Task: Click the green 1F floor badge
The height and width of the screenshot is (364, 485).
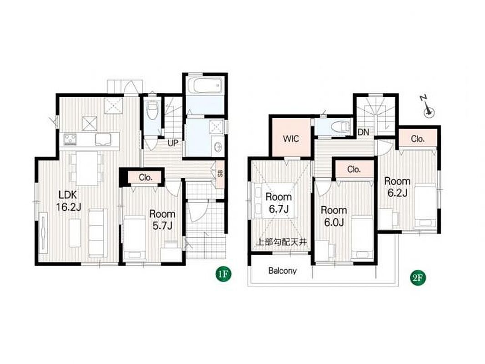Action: click(x=224, y=274)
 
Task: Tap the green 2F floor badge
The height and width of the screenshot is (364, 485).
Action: click(x=418, y=278)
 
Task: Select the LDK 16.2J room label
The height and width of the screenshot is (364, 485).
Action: click(x=68, y=201)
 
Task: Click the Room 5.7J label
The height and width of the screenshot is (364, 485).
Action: click(x=162, y=220)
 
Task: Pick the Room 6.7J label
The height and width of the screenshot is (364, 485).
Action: click(x=278, y=203)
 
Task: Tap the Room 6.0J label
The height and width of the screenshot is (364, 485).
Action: click(x=333, y=216)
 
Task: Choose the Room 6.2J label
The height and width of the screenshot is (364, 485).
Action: click(x=397, y=187)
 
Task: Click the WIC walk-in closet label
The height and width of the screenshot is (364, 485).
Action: click(x=291, y=139)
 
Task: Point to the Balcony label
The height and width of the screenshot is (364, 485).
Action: click(x=283, y=271)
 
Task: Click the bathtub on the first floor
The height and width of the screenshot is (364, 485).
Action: click(x=205, y=85)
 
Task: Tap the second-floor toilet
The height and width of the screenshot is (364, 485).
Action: click(x=339, y=127)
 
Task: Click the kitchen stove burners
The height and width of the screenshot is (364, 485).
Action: click(x=70, y=139)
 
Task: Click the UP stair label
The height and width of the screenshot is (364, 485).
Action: click(x=172, y=143)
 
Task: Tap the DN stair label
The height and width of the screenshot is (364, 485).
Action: click(x=364, y=132)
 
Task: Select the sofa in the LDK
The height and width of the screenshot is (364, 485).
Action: click(x=97, y=233)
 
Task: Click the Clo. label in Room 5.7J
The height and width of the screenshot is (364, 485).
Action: click(x=146, y=177)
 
